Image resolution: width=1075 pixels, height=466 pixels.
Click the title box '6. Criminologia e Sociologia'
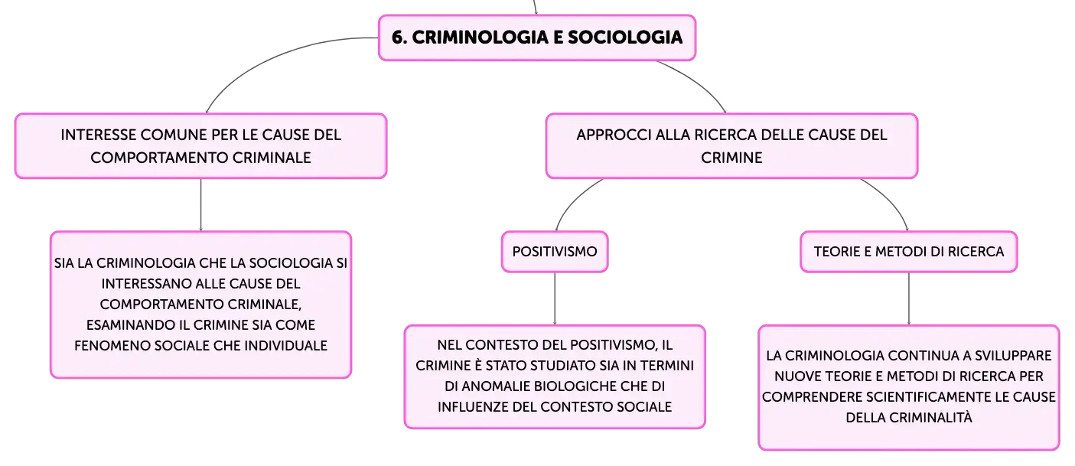tap(537, 37)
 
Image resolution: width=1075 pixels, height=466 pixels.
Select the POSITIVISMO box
tap(555, 252)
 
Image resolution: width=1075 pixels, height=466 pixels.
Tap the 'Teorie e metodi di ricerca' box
tap(908, 252)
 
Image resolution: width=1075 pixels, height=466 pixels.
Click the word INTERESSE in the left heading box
tap(98, 135)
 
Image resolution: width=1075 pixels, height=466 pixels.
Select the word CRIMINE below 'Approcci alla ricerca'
tap(731, 158)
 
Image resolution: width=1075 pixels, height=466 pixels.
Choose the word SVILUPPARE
tap(1013, 356)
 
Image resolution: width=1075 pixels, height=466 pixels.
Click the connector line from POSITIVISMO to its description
tap(555, 298)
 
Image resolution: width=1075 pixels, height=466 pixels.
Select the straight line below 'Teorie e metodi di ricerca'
tap(908, 298)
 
